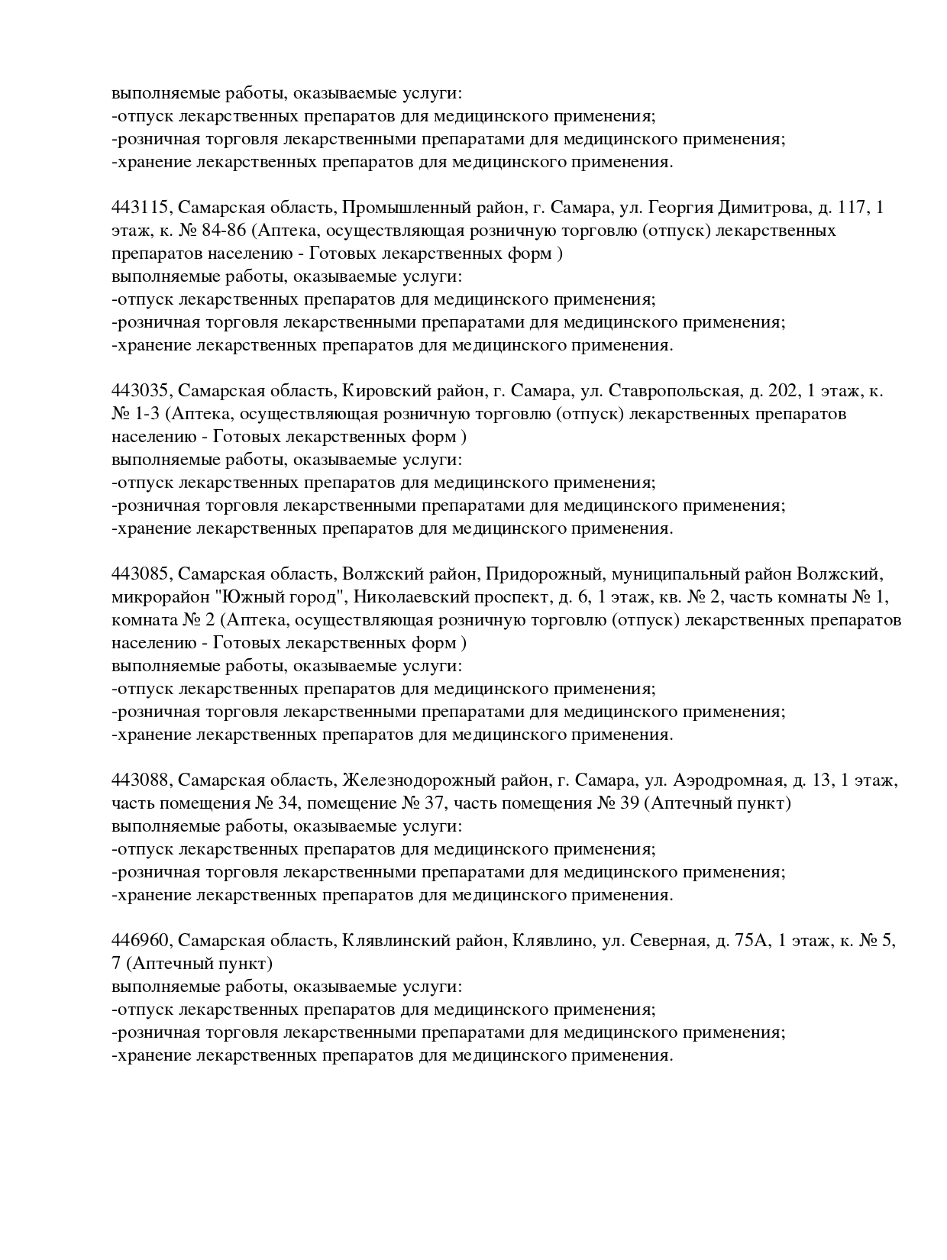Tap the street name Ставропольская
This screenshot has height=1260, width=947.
click(674, 391)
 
